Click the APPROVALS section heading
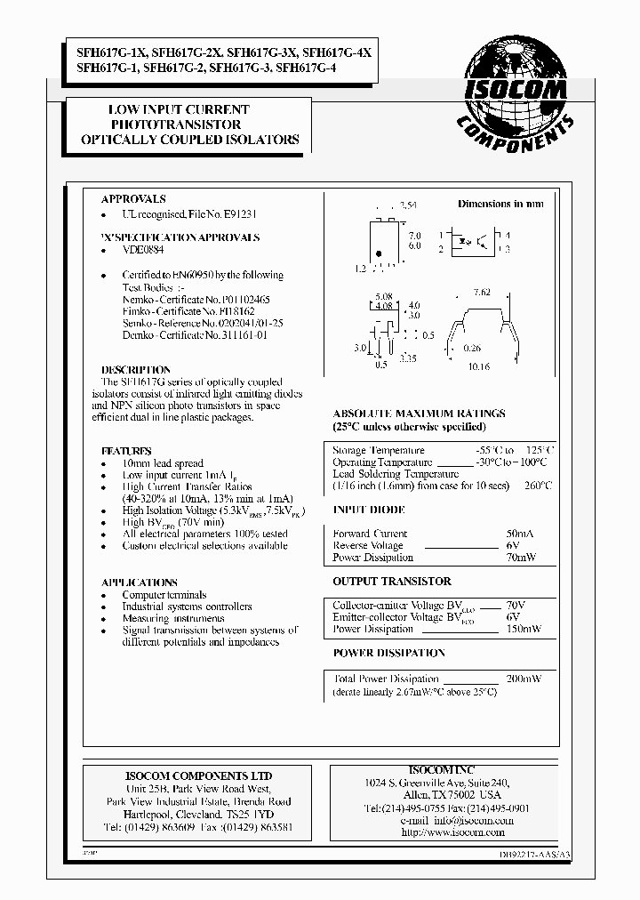click(x=133, y=199)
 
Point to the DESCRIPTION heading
click(x=136, y=370)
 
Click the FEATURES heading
click(x=126, y=451)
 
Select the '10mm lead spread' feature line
click(x=163, y=463)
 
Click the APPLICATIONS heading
click(x=139, y=583)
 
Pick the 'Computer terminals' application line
click(x=164, y=595)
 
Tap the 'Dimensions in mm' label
click(x=500, y=204)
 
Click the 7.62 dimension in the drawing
click(x=482, y=292)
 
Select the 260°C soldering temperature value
click(x=538, y=486)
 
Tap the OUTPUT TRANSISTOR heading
click(x=392, y=582)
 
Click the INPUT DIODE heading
click(x=369, y=510)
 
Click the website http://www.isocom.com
click(x=453, y=832)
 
